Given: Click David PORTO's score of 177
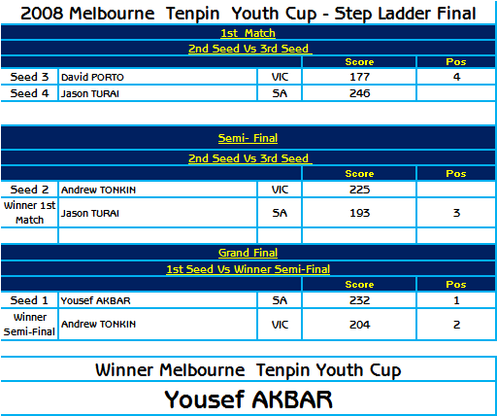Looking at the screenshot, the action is [x=359, y=77].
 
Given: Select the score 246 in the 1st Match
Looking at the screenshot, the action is [x=359, y=93].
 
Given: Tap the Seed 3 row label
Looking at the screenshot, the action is [x=29, y=77].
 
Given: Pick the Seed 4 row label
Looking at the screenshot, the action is [x=29, y=93].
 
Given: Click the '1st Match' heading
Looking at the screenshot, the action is [x=248, y=33].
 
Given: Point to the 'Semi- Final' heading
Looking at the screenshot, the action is [x=248, y=138].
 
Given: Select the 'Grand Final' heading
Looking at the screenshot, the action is [x=248, y=253].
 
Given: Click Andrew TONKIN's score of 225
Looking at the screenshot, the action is [x=359, y=190].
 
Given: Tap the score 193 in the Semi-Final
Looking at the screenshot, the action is [x=359, y=213].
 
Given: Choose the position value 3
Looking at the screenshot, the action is [x=456, y=213].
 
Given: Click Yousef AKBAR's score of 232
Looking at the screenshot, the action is [x=359, y=300].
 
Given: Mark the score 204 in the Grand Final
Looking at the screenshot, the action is [x=359, y=325].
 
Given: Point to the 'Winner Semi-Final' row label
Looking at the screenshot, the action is [x=29, y=325].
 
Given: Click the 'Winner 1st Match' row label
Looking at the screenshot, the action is [x=29, y=213].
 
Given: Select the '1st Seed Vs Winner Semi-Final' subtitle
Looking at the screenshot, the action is [x=248, y=269].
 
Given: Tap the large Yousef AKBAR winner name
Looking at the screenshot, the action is [x=248, y=399].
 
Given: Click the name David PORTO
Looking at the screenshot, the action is [x=92, y=77].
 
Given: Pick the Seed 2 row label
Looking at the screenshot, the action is [x=29, y=190].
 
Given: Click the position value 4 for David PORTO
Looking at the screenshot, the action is [x=456, y=77].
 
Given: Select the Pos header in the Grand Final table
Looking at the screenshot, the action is [x=456, y=284].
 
